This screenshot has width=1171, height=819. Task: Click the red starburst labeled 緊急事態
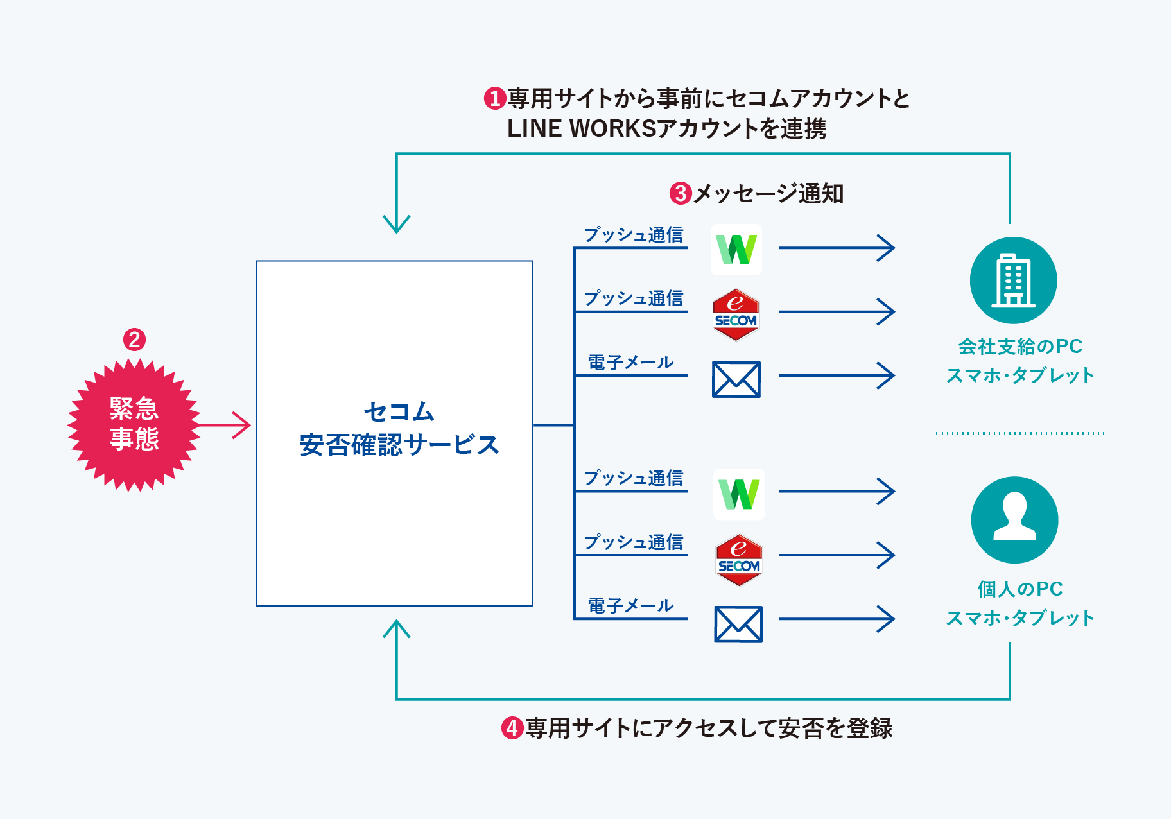[134, 425]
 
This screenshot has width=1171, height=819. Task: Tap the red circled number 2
[134, 340]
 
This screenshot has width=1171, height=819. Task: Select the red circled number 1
[495, 98]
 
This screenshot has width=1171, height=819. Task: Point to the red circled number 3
[681, 193]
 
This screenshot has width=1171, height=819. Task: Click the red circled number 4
[512, 728]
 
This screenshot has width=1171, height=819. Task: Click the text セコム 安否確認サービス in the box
[399, 429]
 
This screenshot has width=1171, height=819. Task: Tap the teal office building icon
[1013, 280]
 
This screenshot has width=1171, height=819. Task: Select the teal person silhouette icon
[1014, 519]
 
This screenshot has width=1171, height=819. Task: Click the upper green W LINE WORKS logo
[736, 250]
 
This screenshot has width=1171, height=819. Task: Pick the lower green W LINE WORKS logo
[739, 494]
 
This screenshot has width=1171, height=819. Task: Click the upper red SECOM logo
[736, 315]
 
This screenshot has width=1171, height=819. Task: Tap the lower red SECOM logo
[739, 560]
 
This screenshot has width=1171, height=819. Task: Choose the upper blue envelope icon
[736, 379]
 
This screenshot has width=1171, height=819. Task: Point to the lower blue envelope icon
[738, 624]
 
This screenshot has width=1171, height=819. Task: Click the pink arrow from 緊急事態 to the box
[225, 425]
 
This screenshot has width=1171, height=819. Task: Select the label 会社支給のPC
[1020, 347]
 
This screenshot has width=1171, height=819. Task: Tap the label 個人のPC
[1020, 589]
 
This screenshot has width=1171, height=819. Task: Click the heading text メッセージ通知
[768, 193]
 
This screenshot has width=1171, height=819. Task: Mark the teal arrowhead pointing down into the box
[397, 224]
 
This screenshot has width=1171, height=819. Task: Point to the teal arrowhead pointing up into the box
[397, 628]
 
